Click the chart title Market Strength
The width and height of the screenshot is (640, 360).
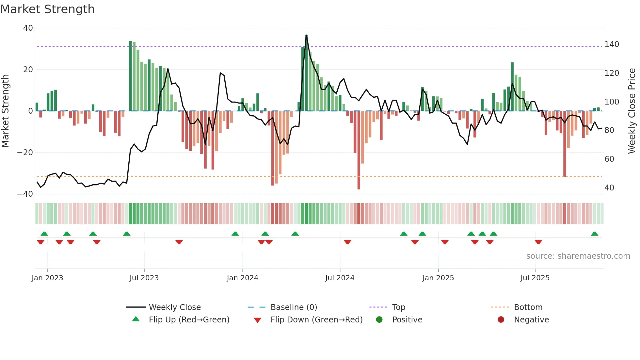[x=48, y=9]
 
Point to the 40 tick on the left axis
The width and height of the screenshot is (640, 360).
[x=28, y=28]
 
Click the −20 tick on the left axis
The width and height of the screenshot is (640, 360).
[x=25, y=153]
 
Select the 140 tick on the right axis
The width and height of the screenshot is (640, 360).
[x=612, y=44]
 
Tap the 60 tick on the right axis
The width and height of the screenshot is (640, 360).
[x=609, y=159]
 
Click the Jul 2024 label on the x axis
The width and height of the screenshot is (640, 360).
[x=340, y=278]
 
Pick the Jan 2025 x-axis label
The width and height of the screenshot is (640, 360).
[x=438, y=278]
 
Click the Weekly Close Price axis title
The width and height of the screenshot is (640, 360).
[x=632, y=111]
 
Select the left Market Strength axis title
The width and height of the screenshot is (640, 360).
[x=6, y=111]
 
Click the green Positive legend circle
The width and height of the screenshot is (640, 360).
[x=379, y=319]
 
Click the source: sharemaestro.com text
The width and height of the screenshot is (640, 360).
[x=578, y=256]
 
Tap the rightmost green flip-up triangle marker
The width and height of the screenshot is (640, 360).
[x=594, y=234]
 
